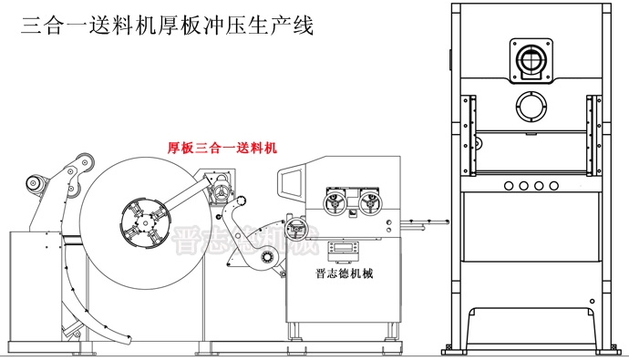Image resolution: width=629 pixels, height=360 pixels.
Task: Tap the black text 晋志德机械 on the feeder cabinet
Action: click(x=342, y=273)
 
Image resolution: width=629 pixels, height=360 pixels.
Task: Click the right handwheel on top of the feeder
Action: click(x=369, y=201)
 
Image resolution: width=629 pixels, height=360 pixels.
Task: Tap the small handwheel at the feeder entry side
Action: click(x=294, y=229)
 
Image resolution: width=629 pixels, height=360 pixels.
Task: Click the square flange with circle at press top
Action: click(x=531, y=60)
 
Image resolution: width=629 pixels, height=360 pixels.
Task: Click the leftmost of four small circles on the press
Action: click(x=507, y=185)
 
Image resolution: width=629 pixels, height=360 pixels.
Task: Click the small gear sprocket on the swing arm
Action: click(x=244, y=202)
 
